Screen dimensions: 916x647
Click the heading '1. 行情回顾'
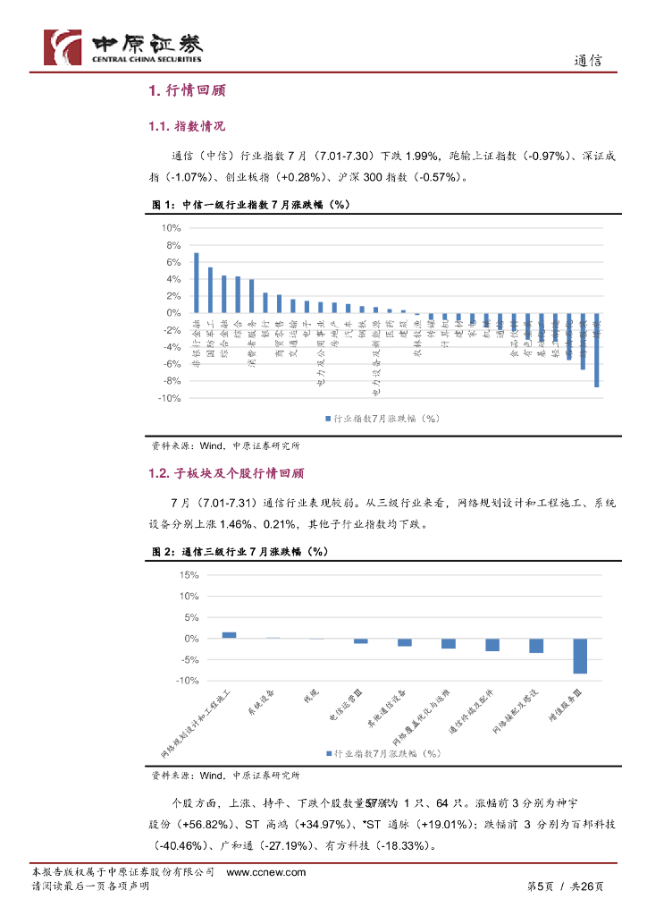187,90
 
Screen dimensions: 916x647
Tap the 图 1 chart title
250,205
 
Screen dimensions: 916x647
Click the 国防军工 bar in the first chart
210,290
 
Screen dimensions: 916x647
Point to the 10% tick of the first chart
171,229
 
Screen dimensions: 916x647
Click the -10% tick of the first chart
169,398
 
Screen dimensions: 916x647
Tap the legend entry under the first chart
382,417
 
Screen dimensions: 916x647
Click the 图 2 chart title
240,552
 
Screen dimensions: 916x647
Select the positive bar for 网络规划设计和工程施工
230,635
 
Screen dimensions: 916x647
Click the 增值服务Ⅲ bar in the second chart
580,656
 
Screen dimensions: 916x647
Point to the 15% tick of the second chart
189,575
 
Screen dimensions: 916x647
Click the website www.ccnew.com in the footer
266,872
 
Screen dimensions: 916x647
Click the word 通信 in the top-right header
587,61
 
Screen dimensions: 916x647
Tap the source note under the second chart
225,775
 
